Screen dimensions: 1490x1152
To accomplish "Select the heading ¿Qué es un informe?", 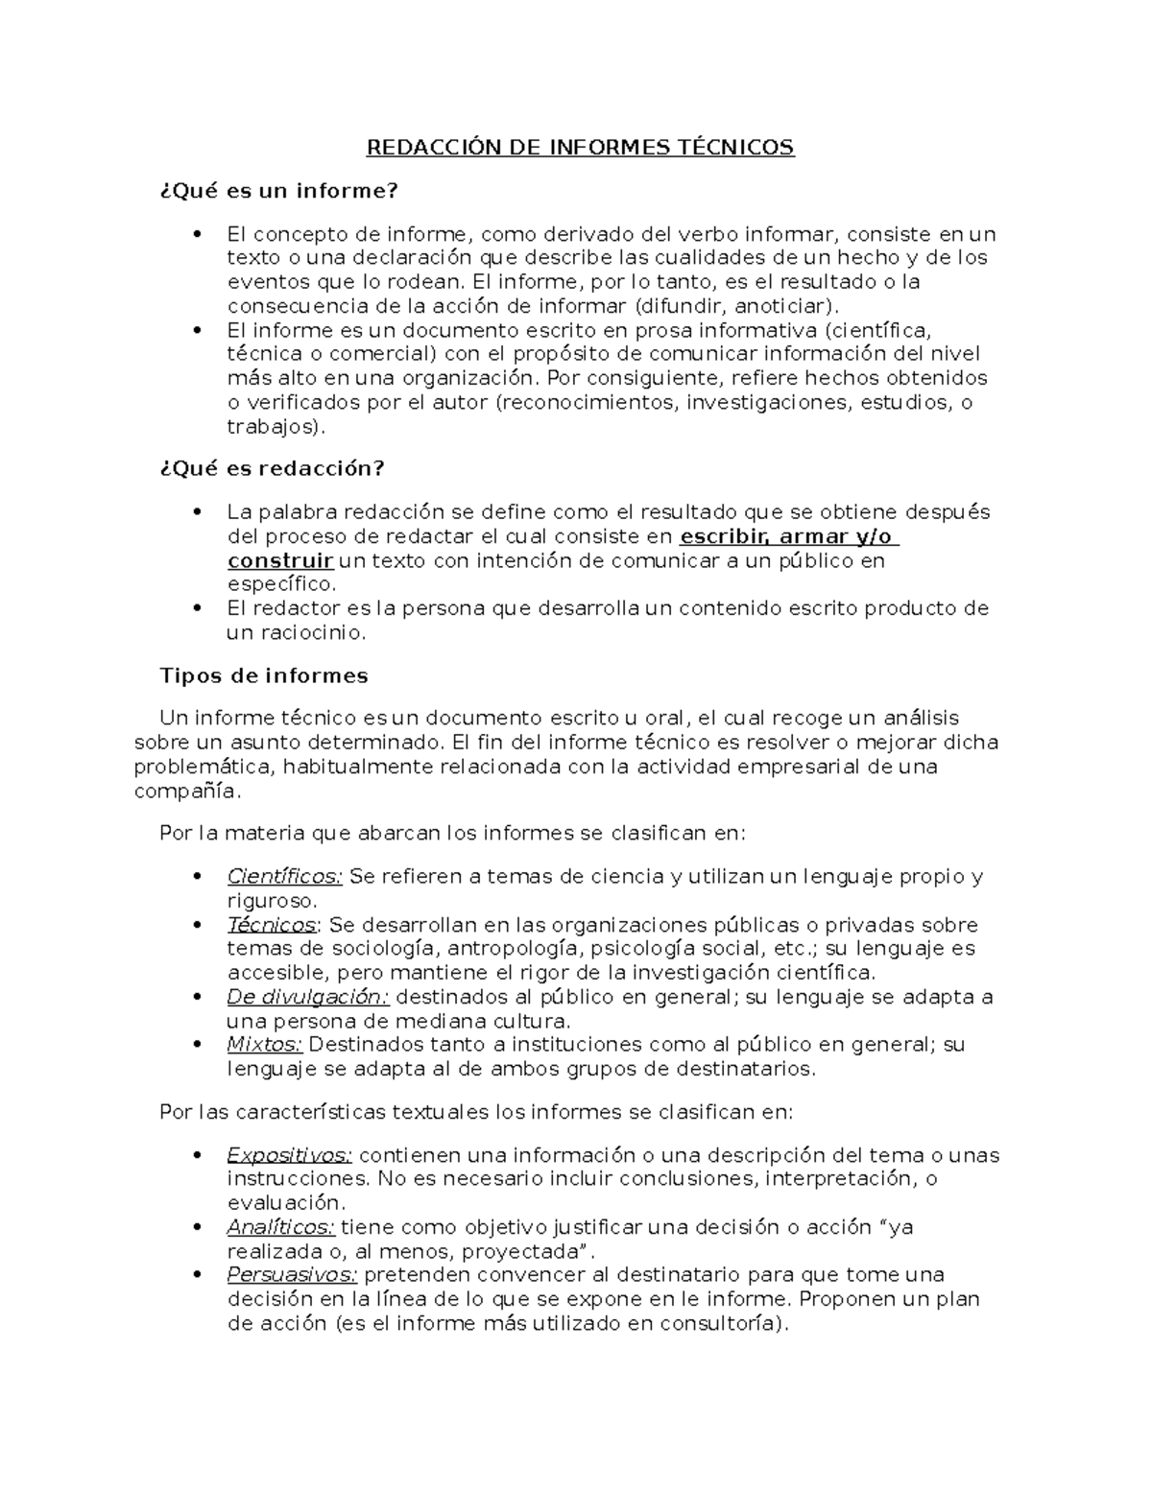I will click(x=277, y=190).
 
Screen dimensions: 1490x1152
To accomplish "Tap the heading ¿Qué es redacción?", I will click(x=272, y=468).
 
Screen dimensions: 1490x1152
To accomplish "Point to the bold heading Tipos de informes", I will click(x=263, y=675).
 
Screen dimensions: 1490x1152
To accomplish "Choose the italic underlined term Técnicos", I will click(x=272, y=925).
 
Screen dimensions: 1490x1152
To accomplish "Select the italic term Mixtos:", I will click(x=264, y=1044).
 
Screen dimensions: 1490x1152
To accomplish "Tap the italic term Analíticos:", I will click(x=280, y=1227).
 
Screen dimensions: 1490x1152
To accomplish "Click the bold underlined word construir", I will click(x=280, y=560).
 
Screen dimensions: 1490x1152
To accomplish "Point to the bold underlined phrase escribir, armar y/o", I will click(x=787, y=536).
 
